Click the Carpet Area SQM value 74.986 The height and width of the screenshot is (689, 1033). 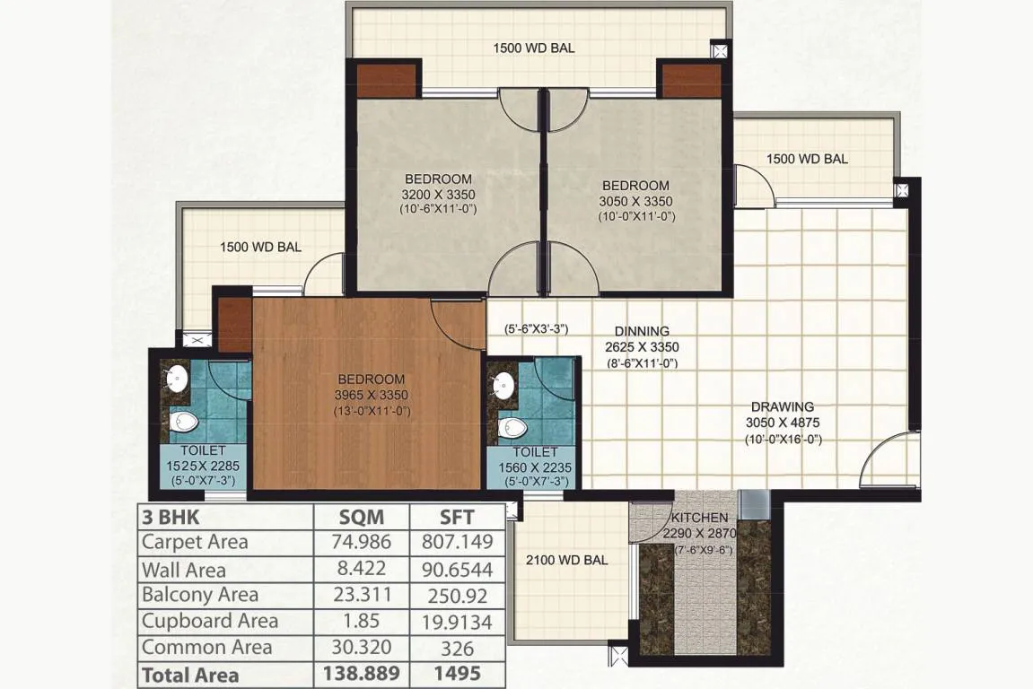362,542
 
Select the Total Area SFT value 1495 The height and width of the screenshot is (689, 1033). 457,674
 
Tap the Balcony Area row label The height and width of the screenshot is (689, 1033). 199,595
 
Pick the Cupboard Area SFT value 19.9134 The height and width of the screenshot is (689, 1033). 457,622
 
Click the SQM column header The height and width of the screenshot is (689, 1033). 361,517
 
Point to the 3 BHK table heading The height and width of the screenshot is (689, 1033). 171,517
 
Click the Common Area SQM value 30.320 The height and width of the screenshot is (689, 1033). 362,648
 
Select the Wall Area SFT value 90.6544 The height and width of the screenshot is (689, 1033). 457,570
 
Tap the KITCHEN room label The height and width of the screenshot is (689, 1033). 700,518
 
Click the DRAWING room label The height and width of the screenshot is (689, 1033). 783,407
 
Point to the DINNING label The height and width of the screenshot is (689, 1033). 642,331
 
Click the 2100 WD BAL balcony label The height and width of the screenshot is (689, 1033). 566,561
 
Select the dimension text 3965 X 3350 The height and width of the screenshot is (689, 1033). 371,396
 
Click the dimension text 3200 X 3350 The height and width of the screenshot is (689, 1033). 438,195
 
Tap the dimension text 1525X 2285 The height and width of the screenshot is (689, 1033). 203,467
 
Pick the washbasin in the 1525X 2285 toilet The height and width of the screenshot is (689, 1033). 176,379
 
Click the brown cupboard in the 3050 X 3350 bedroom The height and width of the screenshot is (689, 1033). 692,82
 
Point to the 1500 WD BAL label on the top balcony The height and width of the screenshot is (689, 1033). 534,48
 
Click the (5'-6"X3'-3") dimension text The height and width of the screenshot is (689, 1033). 537,328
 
